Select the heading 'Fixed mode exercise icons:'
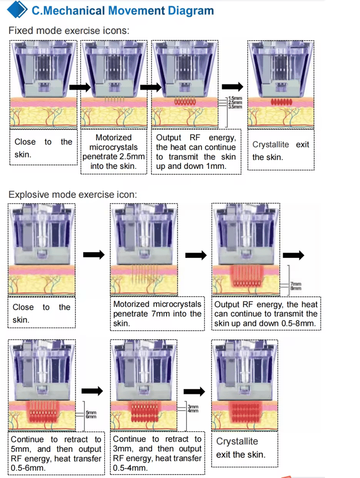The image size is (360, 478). [69, 31]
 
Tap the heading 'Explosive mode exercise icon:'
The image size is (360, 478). [72, 194]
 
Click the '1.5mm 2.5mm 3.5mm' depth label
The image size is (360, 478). [234, 102]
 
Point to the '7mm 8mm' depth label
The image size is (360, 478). [296, 286]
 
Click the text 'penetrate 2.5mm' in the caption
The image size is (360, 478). [114, 157]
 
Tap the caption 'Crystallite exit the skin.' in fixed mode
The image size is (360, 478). [281, 151]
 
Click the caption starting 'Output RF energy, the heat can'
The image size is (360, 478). [196, 152]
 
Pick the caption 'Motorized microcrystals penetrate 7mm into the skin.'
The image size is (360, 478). [157, 314]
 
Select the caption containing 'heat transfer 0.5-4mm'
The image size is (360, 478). [157, 453]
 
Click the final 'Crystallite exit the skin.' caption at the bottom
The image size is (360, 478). [241, 447]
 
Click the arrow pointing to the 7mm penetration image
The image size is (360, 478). [94, 255]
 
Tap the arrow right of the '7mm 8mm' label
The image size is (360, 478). [295, 255]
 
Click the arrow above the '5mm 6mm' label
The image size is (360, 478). [92, 390]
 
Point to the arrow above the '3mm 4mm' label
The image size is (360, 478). [194, 390]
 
